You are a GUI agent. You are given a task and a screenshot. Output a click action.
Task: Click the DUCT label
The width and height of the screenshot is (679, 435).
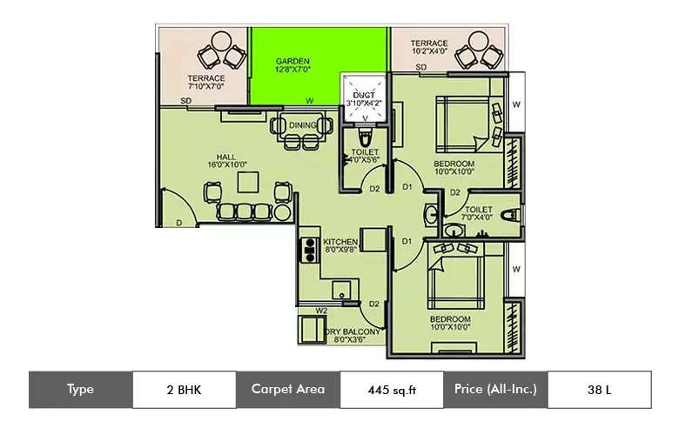click(363, 98)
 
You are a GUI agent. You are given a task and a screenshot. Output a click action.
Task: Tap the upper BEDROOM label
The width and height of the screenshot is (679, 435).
click(454, 168)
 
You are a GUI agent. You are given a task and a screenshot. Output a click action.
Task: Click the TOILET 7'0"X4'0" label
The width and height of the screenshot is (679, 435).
click(479, 215)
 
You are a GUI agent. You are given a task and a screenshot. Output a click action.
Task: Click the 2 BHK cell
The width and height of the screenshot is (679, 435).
click(184, 390)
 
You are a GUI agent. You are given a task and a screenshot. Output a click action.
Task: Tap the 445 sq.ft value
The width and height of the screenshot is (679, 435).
click(392, 390)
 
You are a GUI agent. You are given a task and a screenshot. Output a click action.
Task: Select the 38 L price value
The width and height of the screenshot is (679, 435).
click(600, 390)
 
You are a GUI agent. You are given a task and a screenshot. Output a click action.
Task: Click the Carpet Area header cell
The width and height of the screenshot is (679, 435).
click(288, 390)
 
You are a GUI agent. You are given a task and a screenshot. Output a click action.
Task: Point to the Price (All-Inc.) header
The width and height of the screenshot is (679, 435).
click(495, 390)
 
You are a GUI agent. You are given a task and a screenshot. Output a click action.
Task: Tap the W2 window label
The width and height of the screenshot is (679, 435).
click(321, 309)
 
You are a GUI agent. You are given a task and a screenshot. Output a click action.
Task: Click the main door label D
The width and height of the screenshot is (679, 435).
click(178, 224)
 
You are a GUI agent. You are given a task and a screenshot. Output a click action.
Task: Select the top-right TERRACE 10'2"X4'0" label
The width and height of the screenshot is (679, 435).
click(429, 48)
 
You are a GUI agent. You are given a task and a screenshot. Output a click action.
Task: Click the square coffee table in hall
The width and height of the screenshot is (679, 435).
click(249, 181)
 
